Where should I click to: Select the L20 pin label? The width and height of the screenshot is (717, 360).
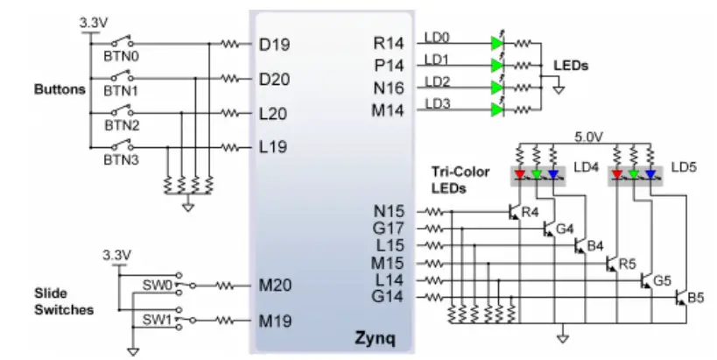pyautogui.click(x=274, y=113)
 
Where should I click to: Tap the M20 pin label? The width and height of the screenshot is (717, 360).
pyautogui.click(x=276, y=285)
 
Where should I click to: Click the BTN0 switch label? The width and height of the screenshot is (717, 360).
pyautogui.click(x=120, y=53)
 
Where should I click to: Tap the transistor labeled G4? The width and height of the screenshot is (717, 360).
pyautogui.click(x=546, y=229)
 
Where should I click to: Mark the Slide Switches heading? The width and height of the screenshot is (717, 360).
pyautogui.click(x=62, y=302)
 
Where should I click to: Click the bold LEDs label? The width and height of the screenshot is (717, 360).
pyautogui.click(x=572, y=66)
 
